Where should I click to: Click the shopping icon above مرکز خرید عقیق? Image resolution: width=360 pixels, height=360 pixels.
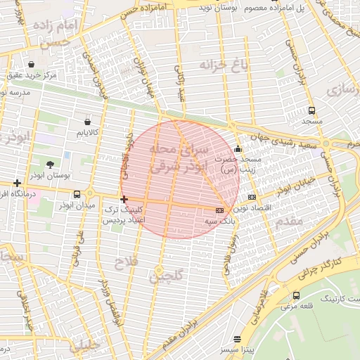pyautogui.click(x=31, y=64)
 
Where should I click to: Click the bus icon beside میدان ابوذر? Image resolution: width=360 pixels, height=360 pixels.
pyautogui.click(x=77, y=194)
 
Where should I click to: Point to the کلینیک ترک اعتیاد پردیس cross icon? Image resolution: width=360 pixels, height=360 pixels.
pyautogui.click(x=124, y=200)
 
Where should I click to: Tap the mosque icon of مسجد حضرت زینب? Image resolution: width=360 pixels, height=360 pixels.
pyautogui.click(x=238, y=149)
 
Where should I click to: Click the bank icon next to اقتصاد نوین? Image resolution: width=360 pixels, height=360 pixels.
pyautogui.click(x=252, y=197)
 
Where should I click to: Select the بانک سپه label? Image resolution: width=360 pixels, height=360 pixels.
pyautogui.click(x=219, y=221)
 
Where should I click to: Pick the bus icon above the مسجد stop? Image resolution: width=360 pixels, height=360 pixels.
pyautogui.click(x=311, y=110)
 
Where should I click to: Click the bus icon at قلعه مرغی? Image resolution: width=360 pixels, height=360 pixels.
pyautogui.click(x=296, y=295)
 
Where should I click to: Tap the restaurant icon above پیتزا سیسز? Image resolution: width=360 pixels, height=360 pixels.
pyautogui.click(x=246, y=338)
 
